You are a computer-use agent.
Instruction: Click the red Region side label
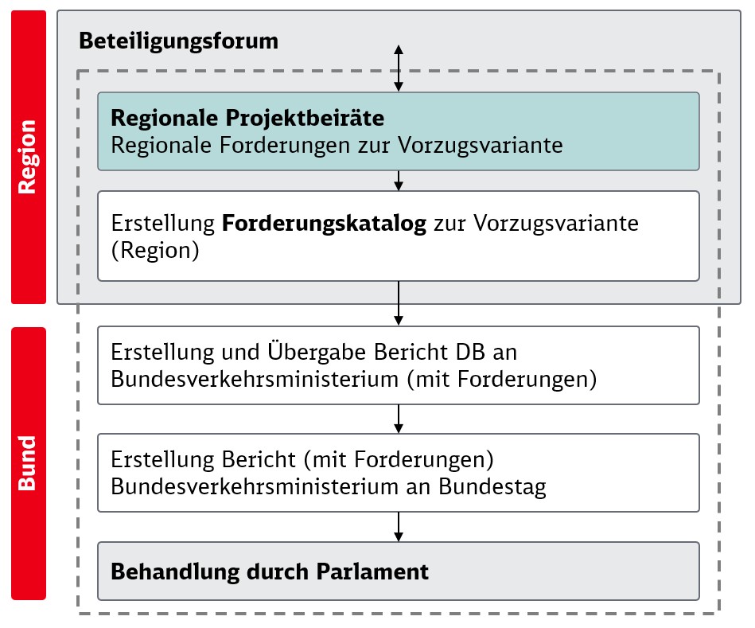click(29, 157)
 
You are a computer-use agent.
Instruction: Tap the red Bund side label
click(29, 463)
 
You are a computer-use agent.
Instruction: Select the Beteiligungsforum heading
click(179, 41)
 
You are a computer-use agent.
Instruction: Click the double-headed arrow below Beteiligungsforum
click(399, 68)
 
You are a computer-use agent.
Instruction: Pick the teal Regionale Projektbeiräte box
click(399, 131)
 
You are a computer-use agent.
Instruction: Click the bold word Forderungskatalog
click(324, 224)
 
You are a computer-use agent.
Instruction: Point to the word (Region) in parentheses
click(155, 251)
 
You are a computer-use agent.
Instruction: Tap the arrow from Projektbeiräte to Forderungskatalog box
click(399, 181)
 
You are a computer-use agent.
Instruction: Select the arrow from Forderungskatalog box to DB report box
click(399, 303)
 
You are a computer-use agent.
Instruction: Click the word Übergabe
click(317, 351)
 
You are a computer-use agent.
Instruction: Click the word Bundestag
click(492, 487)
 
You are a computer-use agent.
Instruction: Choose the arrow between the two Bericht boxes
click(399, 419)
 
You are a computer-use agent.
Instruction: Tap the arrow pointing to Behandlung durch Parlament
click(399, 526)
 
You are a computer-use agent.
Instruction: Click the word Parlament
click(372, 571)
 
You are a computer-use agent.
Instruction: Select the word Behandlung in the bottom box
click(175, 572)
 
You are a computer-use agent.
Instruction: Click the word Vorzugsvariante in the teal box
click(480, 145)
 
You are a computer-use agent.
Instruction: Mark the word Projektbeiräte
click(305, 119)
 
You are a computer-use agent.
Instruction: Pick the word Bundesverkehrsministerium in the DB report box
click(255, 379)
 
